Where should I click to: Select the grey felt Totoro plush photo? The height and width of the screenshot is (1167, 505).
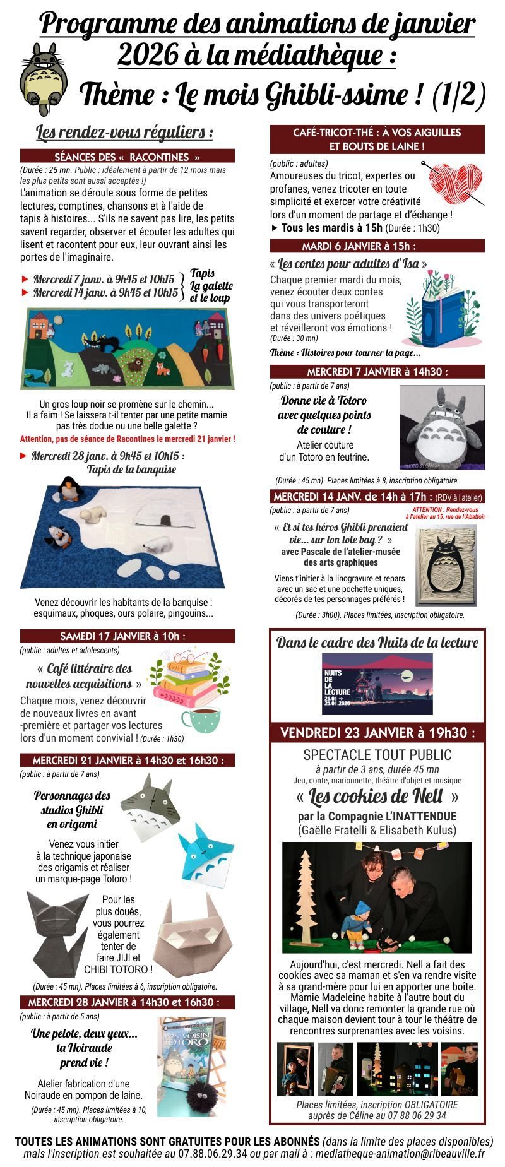[442, 427]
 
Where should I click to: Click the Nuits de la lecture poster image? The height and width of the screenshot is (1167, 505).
[377, 684]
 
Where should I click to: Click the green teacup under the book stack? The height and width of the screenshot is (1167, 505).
[200, 720]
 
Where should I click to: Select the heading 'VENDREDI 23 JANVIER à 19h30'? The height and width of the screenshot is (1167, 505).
[377, 733]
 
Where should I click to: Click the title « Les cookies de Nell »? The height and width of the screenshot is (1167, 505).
[377, 795]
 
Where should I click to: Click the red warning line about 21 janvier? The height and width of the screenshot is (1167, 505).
[128, 439]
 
